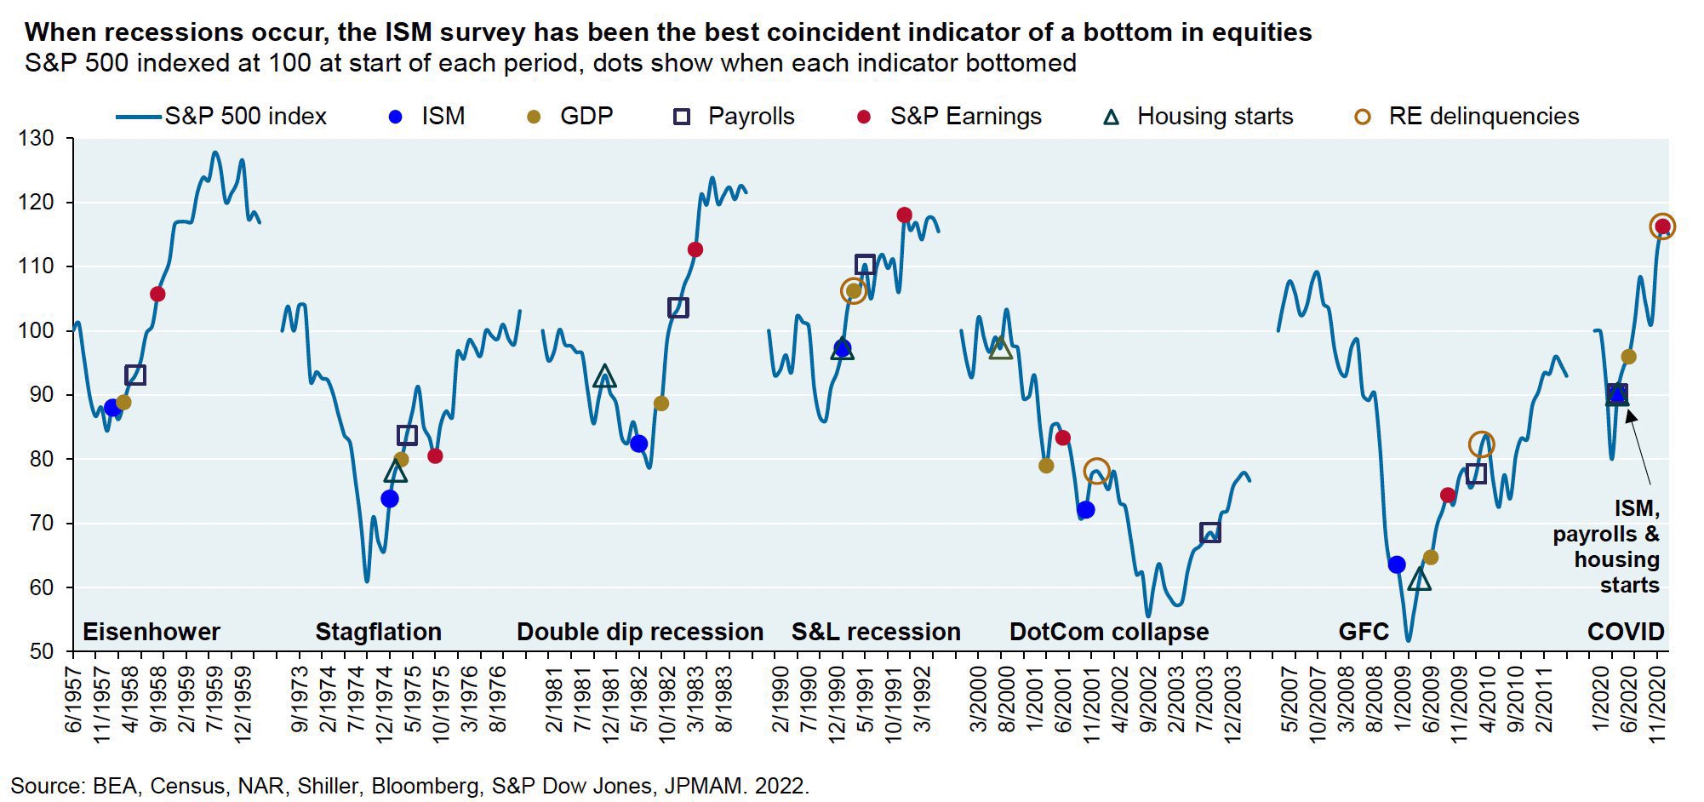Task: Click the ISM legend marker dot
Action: (x=395, y=117)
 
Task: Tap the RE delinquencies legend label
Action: (x=1484, y=117)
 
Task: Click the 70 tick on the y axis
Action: (x=41, y=524)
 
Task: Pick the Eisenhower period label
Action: (x=151, y=632)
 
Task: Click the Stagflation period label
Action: (x=378, y=632)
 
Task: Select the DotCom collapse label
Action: (x=1108, y=632)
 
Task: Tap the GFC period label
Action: (x=1364, y=632)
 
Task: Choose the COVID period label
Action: (x=1625, y=632)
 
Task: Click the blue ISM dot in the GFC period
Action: (x=1396, y=564)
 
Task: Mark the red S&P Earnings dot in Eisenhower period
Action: (x=157, y=295)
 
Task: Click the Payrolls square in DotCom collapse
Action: (x=1209, y=533)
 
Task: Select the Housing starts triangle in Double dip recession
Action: (x=604, y=376)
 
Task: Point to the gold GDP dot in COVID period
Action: (x=1628, y=357)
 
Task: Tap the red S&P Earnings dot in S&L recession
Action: (x=904, y=215)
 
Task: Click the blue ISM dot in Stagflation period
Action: (x=390, y=499)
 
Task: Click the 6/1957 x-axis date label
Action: (x=73, y=703)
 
